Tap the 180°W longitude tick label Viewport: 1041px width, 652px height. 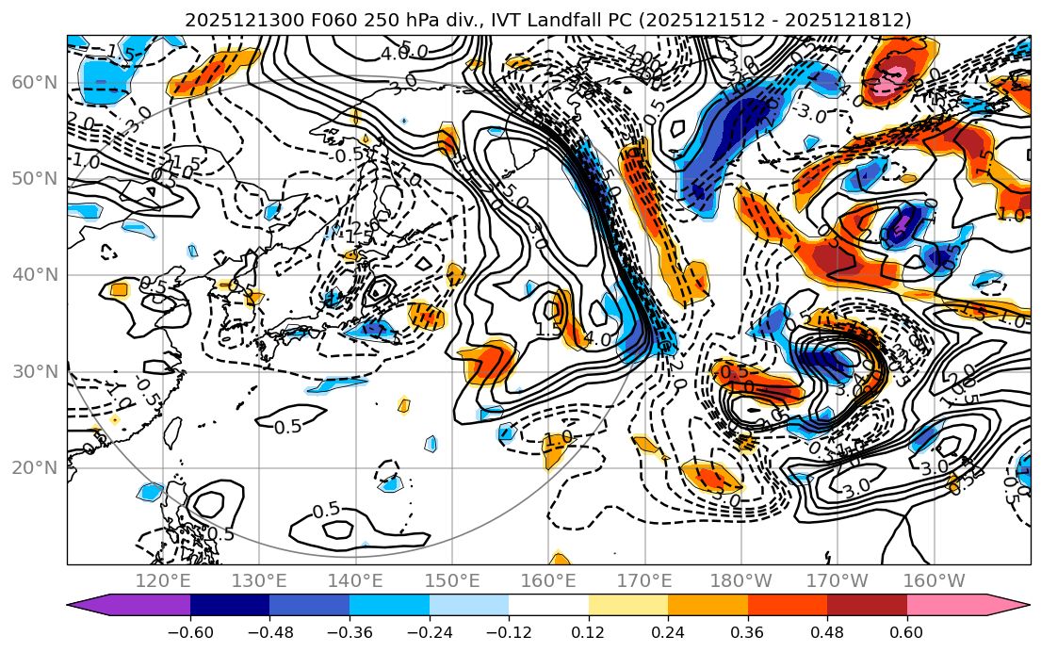[x=740, y=580]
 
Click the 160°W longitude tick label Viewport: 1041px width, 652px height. [x=933, y=580]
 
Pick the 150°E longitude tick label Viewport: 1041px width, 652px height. [x=451, y=580]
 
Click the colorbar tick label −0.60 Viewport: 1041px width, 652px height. [x=190, y=630]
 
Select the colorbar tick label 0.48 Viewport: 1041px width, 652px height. [x=827, y=630]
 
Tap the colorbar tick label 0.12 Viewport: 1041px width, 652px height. [x=588, y=630]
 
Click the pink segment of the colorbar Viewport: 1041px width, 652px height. [x=946, y=608]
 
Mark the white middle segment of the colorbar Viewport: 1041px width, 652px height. [x=548, y=608]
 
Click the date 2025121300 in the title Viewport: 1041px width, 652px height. [x=240, y=20]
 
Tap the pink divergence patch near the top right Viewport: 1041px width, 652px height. [x=890, y=83]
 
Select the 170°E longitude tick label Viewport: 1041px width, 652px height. [x=643, y=580]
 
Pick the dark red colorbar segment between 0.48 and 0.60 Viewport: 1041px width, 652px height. [x=867, y=608]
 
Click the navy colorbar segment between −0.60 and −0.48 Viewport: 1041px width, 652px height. [x=230, y=608]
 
